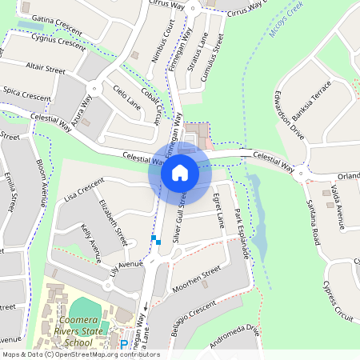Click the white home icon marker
(180, 173)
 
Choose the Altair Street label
(45, 67)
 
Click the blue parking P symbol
(124, 345)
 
